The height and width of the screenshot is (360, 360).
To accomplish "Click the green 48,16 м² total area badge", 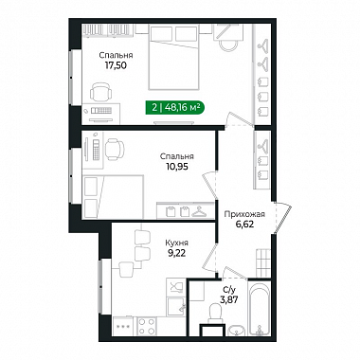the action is pyautogui.click(x=174, y=108).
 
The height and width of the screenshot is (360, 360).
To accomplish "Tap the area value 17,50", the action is pyautogui.click(x=116, y=65).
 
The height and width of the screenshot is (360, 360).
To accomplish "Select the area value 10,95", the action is pyautogui.click(x=177, y=167).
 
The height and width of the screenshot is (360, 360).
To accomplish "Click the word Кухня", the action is pyautogui.click(x=177, y=243).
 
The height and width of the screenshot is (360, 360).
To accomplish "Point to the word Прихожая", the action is pyautogui.click(x=244, y=214).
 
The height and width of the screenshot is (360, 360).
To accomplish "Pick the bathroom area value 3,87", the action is pyautogui.click(x=229, y=298).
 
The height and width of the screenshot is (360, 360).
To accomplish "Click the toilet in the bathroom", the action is pyautogui.click(x=216, y=313).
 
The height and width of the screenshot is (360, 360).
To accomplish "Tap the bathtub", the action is pyautogui.click(x=260, y=308).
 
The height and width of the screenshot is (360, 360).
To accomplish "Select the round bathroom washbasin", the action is pyautogui.click(x=237, y=330).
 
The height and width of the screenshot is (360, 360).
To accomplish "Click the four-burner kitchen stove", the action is pyautogui.click(x=147, y=326).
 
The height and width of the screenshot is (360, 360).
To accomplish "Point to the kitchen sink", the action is pyautogui.click(x=176, y=306).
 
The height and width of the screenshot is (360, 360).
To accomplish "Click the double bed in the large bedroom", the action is pyautogui.click(x=173, y=57).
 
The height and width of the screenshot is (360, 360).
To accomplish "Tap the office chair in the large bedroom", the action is pyautogui.click(x=101, y=92).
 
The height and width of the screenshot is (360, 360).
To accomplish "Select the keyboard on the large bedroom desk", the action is pyautogui.click(x=100, y=111).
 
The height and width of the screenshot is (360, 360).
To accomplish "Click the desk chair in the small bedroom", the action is pyautogui.click(x=114, y=148).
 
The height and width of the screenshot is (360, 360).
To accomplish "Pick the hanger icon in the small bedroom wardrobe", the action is pyautogui.click(x=199, y=211).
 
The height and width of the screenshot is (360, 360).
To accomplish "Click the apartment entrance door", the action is pyautogui.click(x=282, y=218).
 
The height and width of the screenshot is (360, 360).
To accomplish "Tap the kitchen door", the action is pyautogui.click(x=210, y=258).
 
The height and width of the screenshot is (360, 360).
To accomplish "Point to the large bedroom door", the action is pyautogui.click(x=240, y=119).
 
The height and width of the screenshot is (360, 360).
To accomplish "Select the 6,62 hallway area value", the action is pyautogui.click(x=244, y=225).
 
